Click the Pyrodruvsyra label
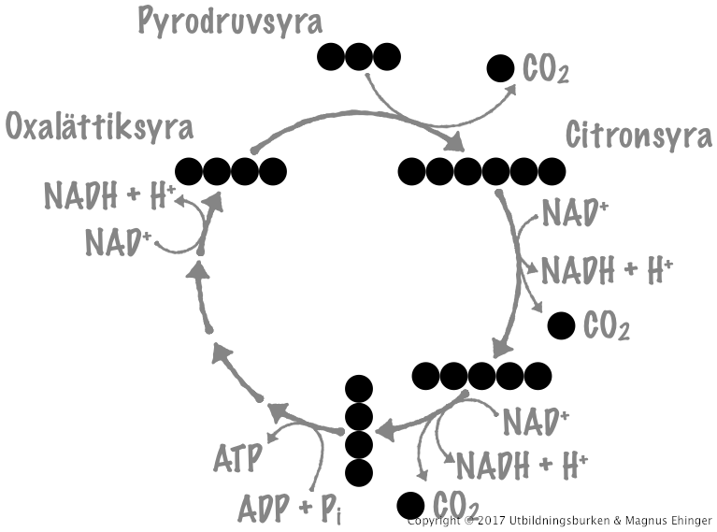pos(229,20)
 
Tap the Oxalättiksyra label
pos(99,126)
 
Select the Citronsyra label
pos(638,137)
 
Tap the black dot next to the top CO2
pos(500,68)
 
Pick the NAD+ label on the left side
pos(119,241)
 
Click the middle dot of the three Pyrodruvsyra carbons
pos(360,57)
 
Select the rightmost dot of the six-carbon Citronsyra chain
pos(552,171)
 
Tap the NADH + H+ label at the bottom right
pos(520,463)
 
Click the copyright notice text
pos(560,520)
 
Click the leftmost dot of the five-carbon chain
pos(425,375)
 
